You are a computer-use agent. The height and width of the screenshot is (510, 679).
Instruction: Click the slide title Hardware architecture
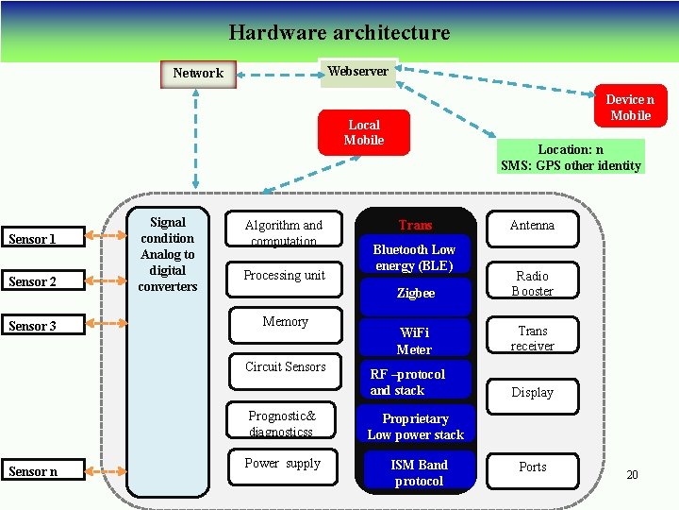click(339, 33)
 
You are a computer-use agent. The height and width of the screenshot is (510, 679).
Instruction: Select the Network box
click(198, 73)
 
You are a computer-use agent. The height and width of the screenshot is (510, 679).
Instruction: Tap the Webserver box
click(358, 72)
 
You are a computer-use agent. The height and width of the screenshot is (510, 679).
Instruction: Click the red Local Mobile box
click(364, 132)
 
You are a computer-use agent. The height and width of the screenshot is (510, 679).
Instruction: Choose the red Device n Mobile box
click(630, 108)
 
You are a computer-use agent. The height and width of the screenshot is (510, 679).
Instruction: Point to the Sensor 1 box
click(32, 239)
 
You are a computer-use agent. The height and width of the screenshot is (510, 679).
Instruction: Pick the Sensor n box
click(32, 471)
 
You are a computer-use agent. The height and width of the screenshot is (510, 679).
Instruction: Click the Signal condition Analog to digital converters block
click(168, 255)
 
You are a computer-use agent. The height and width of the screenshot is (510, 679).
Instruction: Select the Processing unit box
click(284, 275)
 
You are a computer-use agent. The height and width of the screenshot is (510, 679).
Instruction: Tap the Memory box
click(286, 322)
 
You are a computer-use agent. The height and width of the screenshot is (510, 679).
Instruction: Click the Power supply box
click(283, 464)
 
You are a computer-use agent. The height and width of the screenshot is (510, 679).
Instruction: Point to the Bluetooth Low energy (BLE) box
click(414, 257)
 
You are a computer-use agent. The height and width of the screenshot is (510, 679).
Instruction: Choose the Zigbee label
click(416, 294)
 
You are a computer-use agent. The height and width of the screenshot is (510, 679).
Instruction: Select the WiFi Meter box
click(414, 341)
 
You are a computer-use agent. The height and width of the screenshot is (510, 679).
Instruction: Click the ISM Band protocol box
click(419, 472)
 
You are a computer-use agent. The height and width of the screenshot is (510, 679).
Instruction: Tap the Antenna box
click(532, 226)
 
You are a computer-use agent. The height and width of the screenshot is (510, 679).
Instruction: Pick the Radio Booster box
click(532, 282)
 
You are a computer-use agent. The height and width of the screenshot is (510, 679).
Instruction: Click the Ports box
click(532, 467)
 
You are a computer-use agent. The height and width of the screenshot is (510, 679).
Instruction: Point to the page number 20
click(632, 474)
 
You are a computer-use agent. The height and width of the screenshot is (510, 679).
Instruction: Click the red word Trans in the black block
click(415, 225)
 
